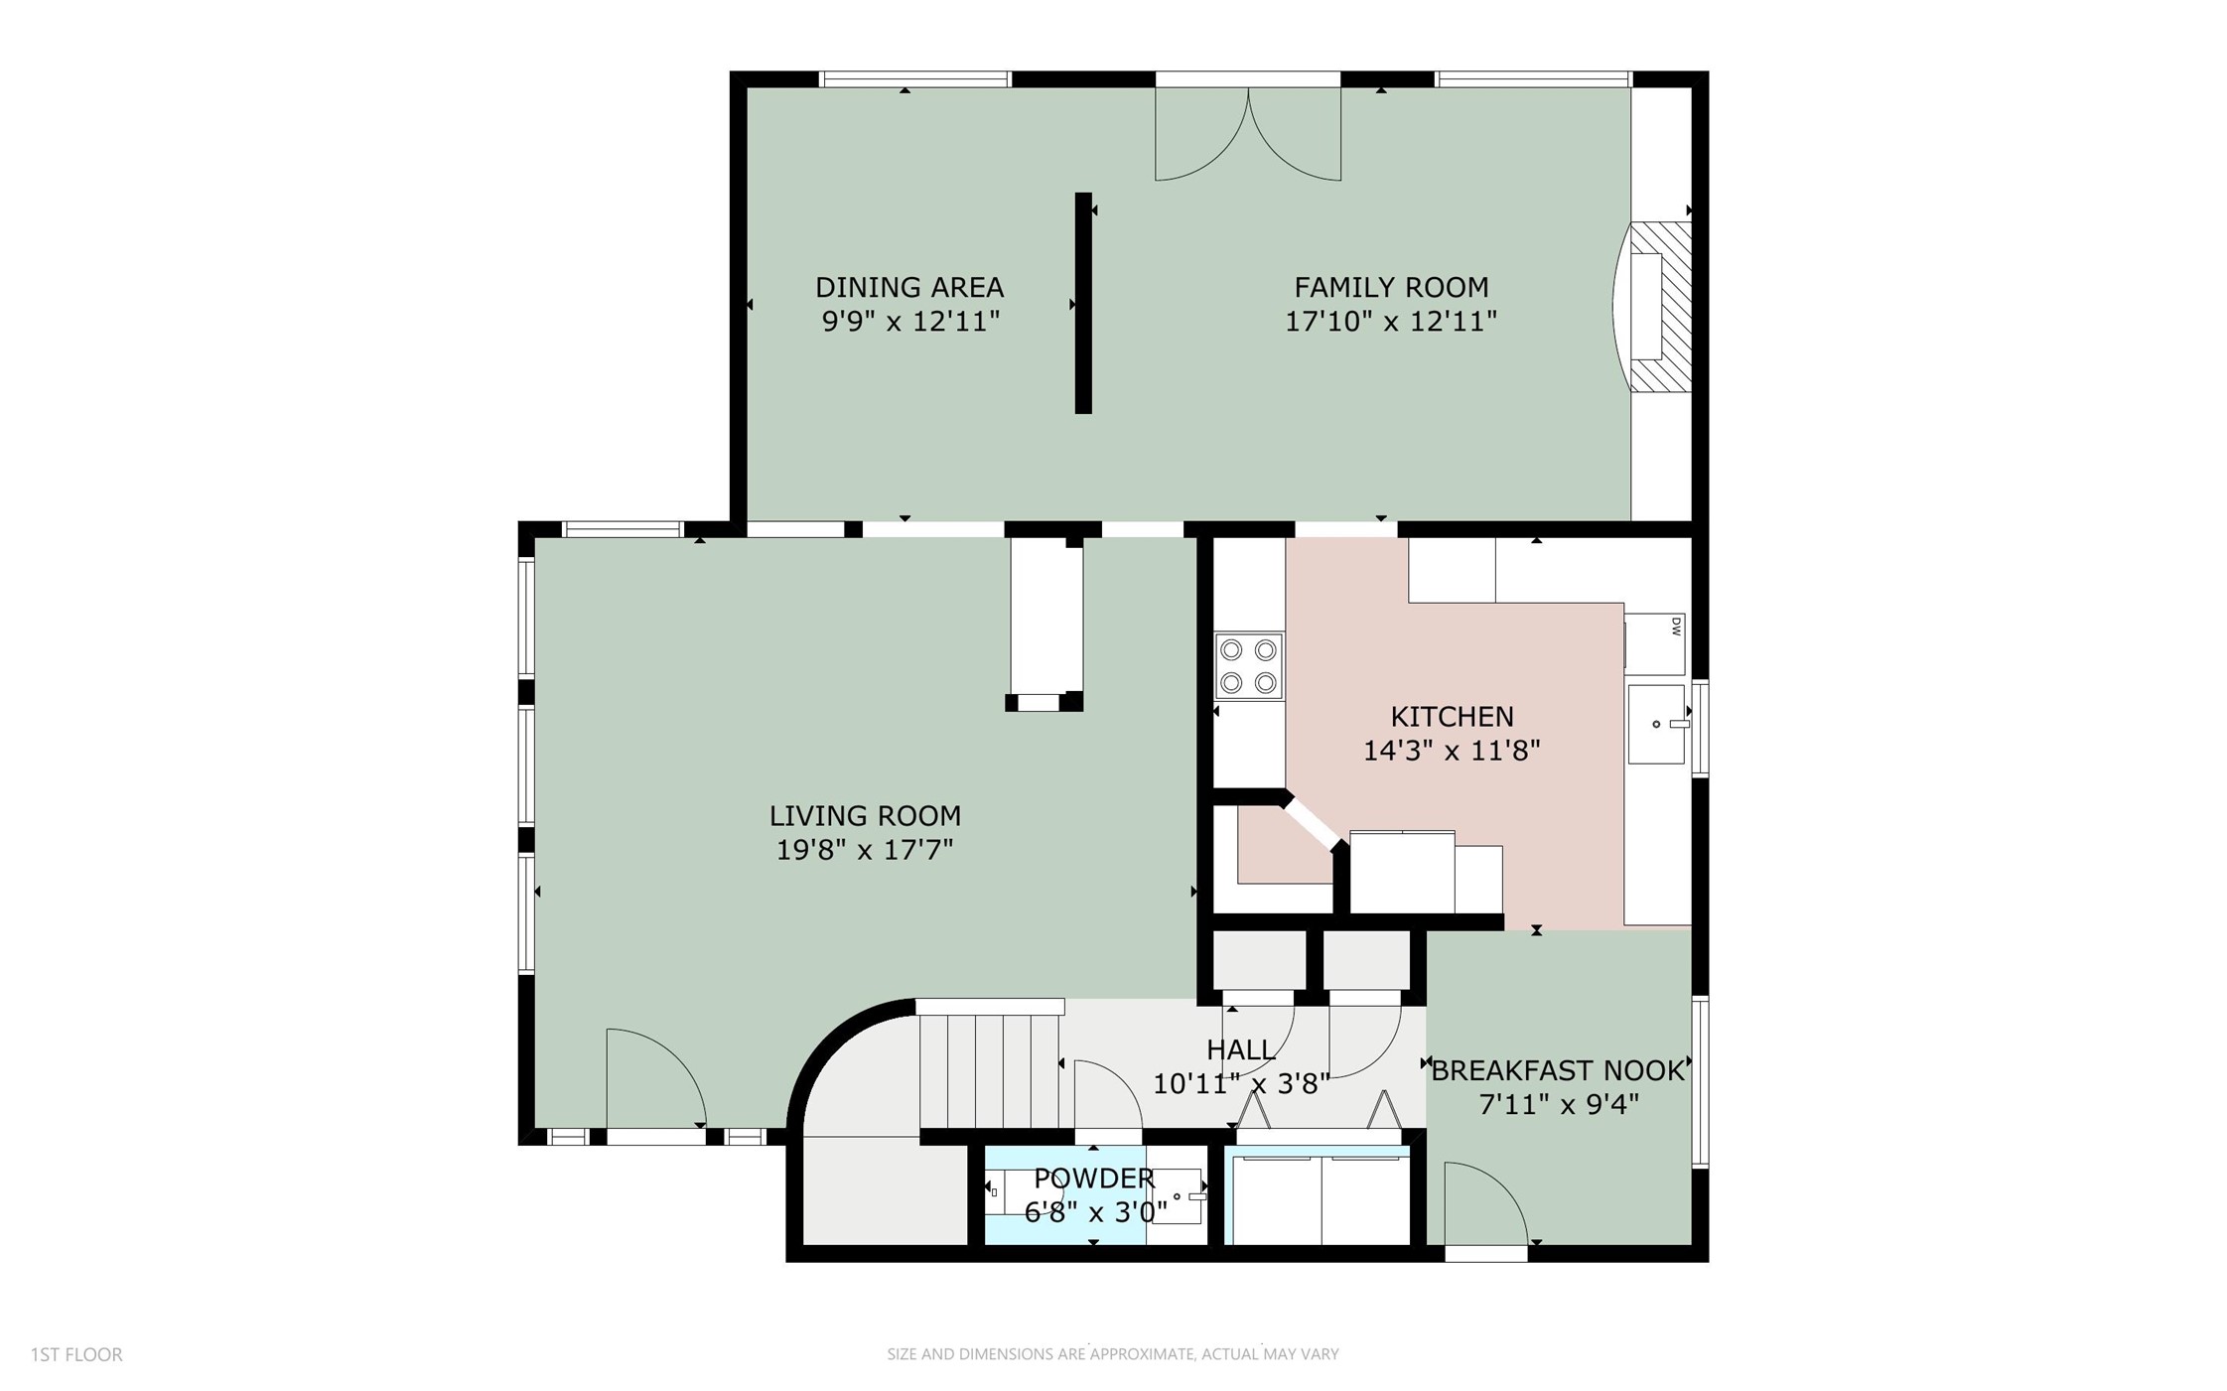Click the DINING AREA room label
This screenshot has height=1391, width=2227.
908,287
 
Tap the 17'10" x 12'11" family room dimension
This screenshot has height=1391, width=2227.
1390,322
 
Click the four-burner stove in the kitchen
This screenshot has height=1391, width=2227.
1248,666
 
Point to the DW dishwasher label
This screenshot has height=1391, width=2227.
1675,626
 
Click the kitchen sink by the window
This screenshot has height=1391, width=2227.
1656,724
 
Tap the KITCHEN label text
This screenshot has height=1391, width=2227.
1451,716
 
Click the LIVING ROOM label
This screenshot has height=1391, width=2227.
864,816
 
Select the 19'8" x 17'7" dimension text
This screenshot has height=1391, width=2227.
864,850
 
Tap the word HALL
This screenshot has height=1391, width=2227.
1240,1049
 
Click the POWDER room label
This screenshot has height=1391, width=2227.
1093,1179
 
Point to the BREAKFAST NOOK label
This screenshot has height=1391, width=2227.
1557,1070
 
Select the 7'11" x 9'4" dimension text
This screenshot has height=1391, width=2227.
1558,1104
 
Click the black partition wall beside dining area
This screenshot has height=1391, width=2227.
1083,303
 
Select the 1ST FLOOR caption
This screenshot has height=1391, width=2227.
76,1354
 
